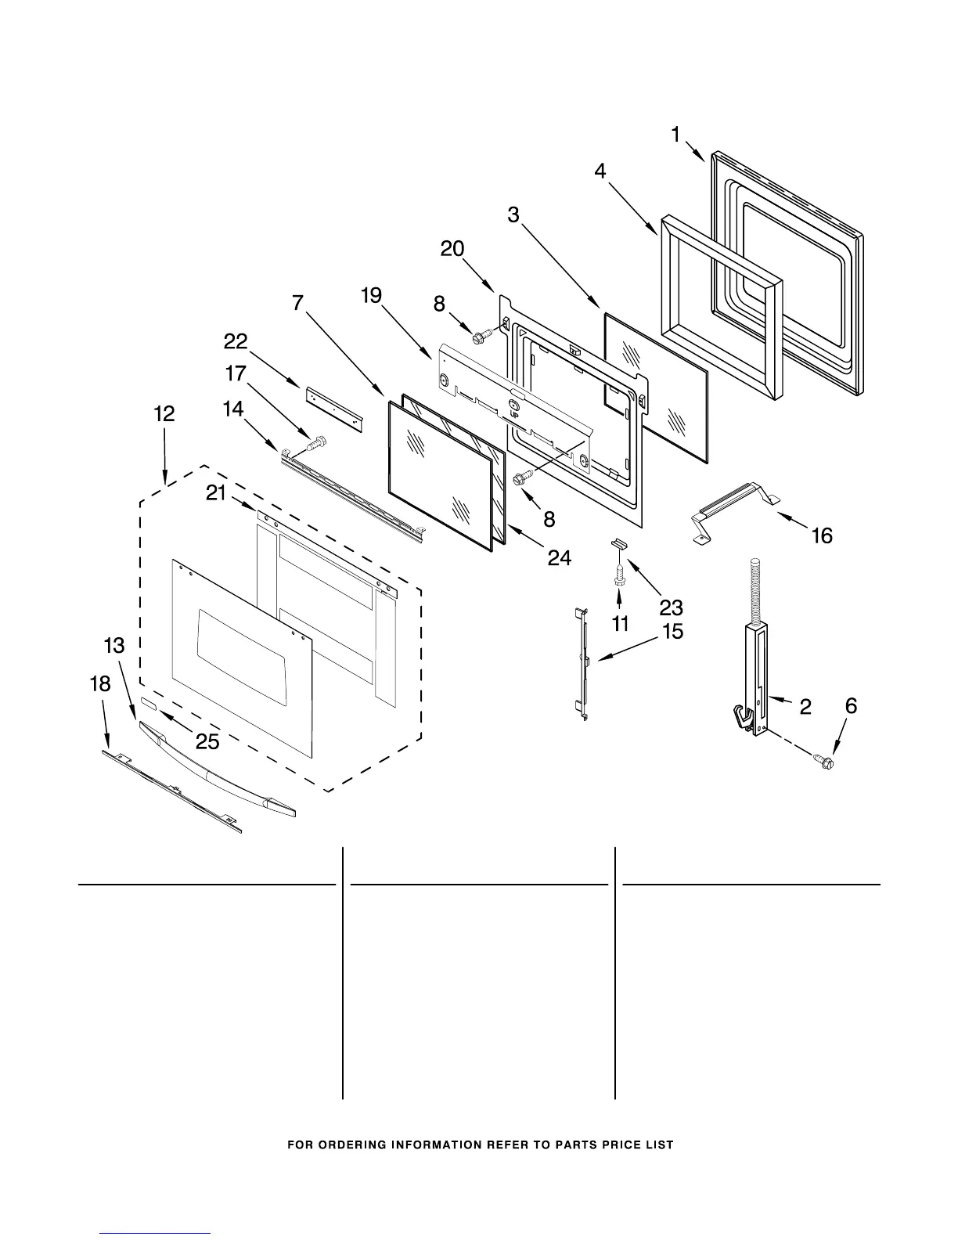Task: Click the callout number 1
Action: (x=675, y=135)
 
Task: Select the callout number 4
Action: (x=600, y=171)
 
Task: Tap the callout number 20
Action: (x=452, y=249)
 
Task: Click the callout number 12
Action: (x=164, y=414)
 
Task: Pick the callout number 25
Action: (x=207, y=741)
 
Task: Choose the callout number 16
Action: (x=822, y=536)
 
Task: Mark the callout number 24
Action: (x=559, y=557)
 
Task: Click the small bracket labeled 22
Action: (x=336, y=406)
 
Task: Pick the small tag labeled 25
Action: (x=149, y=705)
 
